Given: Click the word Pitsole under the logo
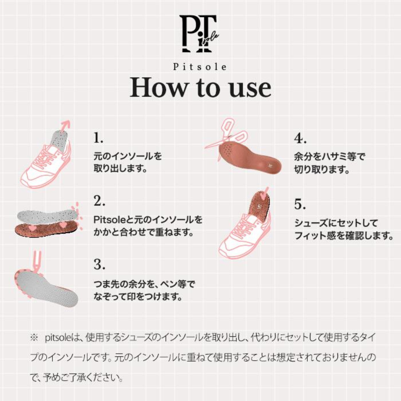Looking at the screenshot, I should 200,67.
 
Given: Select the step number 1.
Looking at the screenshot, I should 98,138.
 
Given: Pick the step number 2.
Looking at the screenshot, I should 100,201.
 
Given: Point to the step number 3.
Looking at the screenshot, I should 100,265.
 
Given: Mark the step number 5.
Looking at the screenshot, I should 300,204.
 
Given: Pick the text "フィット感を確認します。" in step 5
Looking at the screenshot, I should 343,235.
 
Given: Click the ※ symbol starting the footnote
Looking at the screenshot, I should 34,338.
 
